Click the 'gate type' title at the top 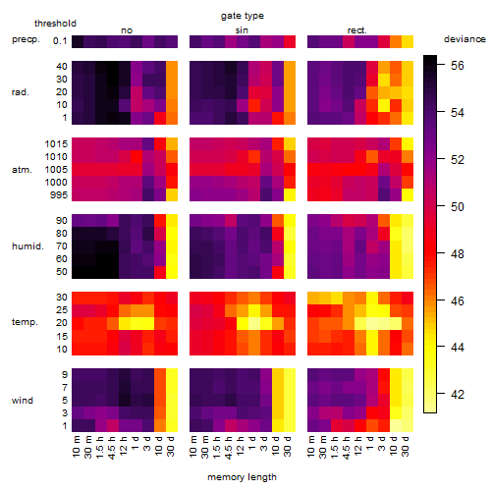(243, 16)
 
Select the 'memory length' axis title (242, 477)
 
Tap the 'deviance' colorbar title (464, 39)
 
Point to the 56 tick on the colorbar (458, 66)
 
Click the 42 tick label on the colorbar (458, 395)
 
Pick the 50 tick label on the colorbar (458, 207)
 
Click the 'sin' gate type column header (242, 30)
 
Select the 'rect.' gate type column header (357, 30)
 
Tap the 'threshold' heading (55, 24)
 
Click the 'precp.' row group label (26, 39)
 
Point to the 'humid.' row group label (27, 246)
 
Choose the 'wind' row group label (23, 401)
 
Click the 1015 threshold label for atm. (56, 144)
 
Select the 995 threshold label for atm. (59, 195)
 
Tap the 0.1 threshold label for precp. (60, 41)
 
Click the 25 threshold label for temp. (62, 309)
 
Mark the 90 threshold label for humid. (62, 221)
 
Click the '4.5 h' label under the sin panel (229, 448)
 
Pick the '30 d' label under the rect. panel (405, 446)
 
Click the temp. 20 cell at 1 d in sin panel (254, 323)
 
